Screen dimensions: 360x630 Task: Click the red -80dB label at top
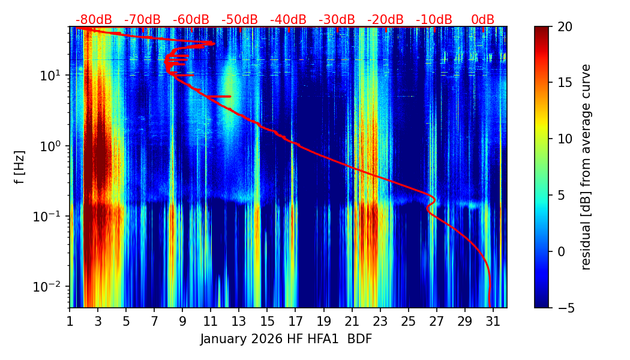(x=94, y=20)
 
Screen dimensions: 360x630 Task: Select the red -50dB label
(x=239, y=20)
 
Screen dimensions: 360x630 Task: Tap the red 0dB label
(x=482, y=20)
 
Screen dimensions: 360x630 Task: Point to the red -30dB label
(x=337, y=20)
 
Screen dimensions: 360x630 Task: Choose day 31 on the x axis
(x=493, y=322)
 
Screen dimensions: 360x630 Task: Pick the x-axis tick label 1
(x=70, y=322)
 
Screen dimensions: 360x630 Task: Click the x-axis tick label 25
(x=408, y=322)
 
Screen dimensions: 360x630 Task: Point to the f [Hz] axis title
(x=20, y=167)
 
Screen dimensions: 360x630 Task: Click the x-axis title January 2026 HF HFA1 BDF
(x=286, y=339)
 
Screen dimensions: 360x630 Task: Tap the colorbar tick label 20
(x=565, y=26)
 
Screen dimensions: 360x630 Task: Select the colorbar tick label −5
(x=565, y=308)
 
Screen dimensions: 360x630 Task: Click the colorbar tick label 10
(x=565, y=139)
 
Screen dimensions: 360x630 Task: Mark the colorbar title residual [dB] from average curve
(x=586, y=167)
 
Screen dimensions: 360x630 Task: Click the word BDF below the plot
(x=359, y=339)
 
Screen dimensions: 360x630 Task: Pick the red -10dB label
(x=434, y=20)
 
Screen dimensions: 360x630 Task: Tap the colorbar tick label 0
(x=562, y=251)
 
